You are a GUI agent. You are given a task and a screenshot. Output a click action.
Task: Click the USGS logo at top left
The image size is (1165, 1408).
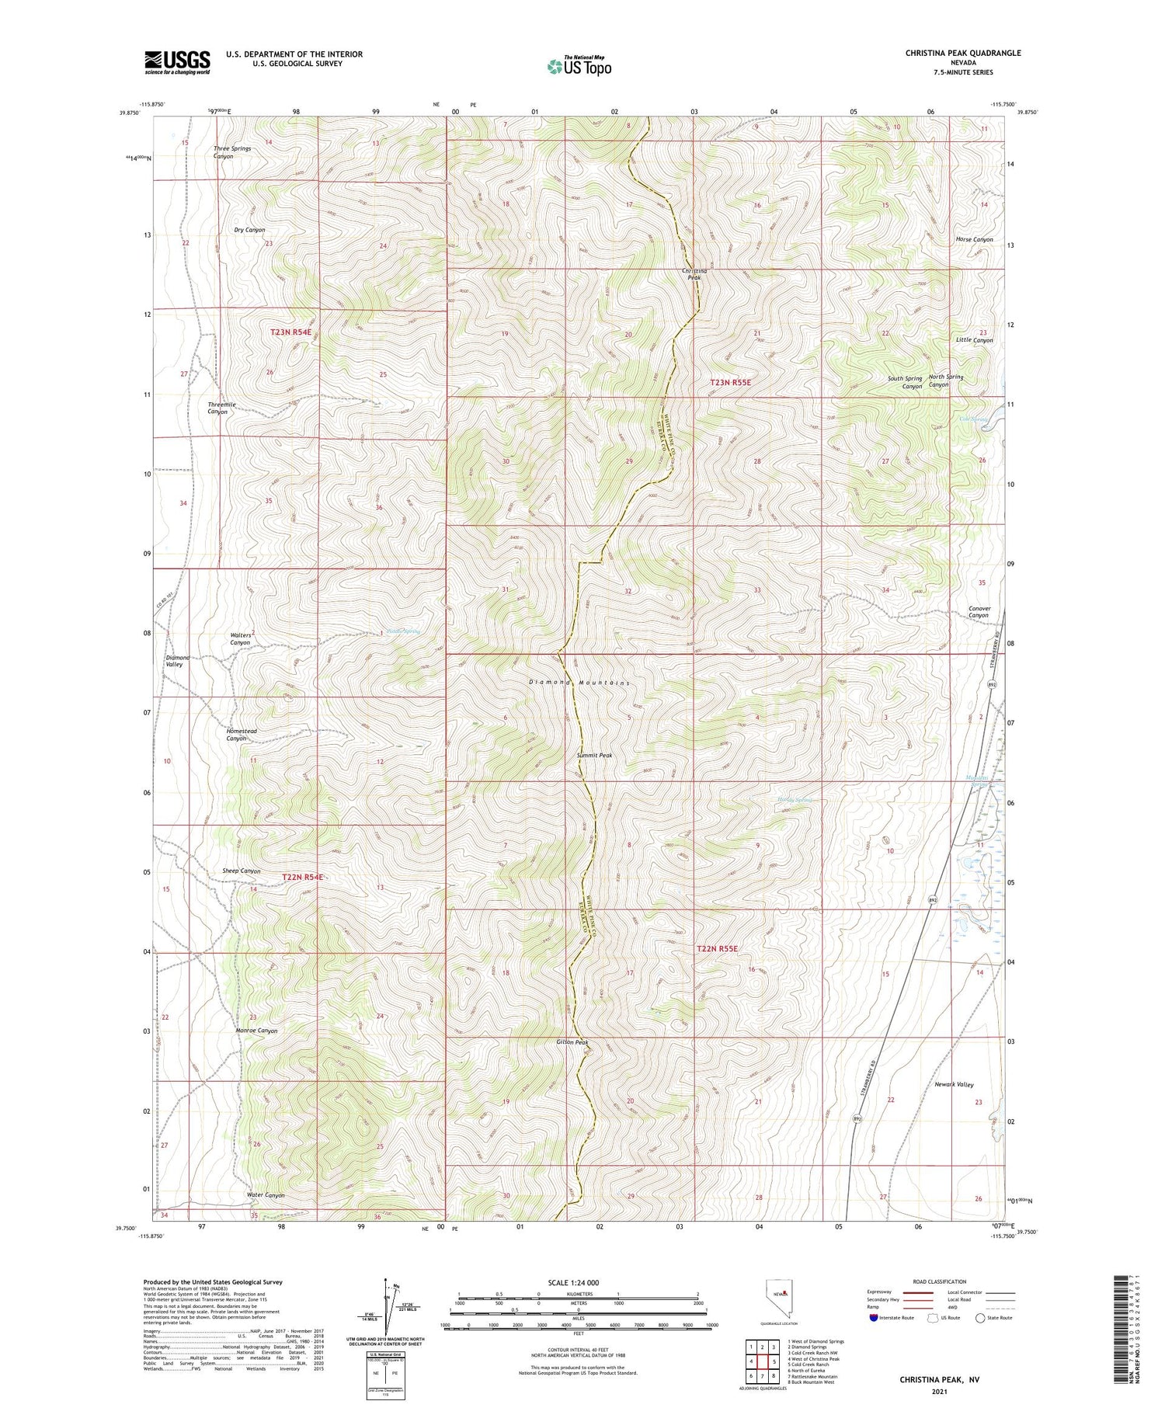click(x=177, y=62)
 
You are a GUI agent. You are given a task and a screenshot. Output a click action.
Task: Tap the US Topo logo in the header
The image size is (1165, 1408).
click(x=579, y=66)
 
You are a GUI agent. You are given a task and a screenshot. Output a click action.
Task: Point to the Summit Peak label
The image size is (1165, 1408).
click(x=594, y=754)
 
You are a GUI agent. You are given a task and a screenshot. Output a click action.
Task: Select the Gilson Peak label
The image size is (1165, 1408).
click(x=572, y=1042)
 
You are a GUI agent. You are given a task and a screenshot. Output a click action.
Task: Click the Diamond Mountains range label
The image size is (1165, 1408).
click(x=579, y=682)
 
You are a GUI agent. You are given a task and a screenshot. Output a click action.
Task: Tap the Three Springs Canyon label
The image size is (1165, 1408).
click(x=234, y=152)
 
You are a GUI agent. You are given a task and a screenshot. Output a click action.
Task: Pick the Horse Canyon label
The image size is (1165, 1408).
click(x=974, y=239)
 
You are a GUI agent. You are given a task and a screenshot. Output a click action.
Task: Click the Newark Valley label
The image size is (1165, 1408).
click(x=954, y=1084)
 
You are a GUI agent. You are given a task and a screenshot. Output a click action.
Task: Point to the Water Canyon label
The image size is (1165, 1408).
click(x=266, y=1195)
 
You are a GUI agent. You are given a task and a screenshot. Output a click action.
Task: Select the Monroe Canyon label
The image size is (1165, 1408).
click(x=256, y=1031)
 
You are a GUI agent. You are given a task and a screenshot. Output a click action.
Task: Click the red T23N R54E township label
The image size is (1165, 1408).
click(x=290, y=332)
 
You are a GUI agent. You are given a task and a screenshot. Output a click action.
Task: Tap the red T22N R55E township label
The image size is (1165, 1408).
click(x=716, y=948)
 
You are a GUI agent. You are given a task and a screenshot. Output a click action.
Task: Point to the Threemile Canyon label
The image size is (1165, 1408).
click(x=221, y=408)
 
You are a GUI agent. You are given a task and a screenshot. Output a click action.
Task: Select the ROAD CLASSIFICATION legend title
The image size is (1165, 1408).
click(x=940, y=1281)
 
